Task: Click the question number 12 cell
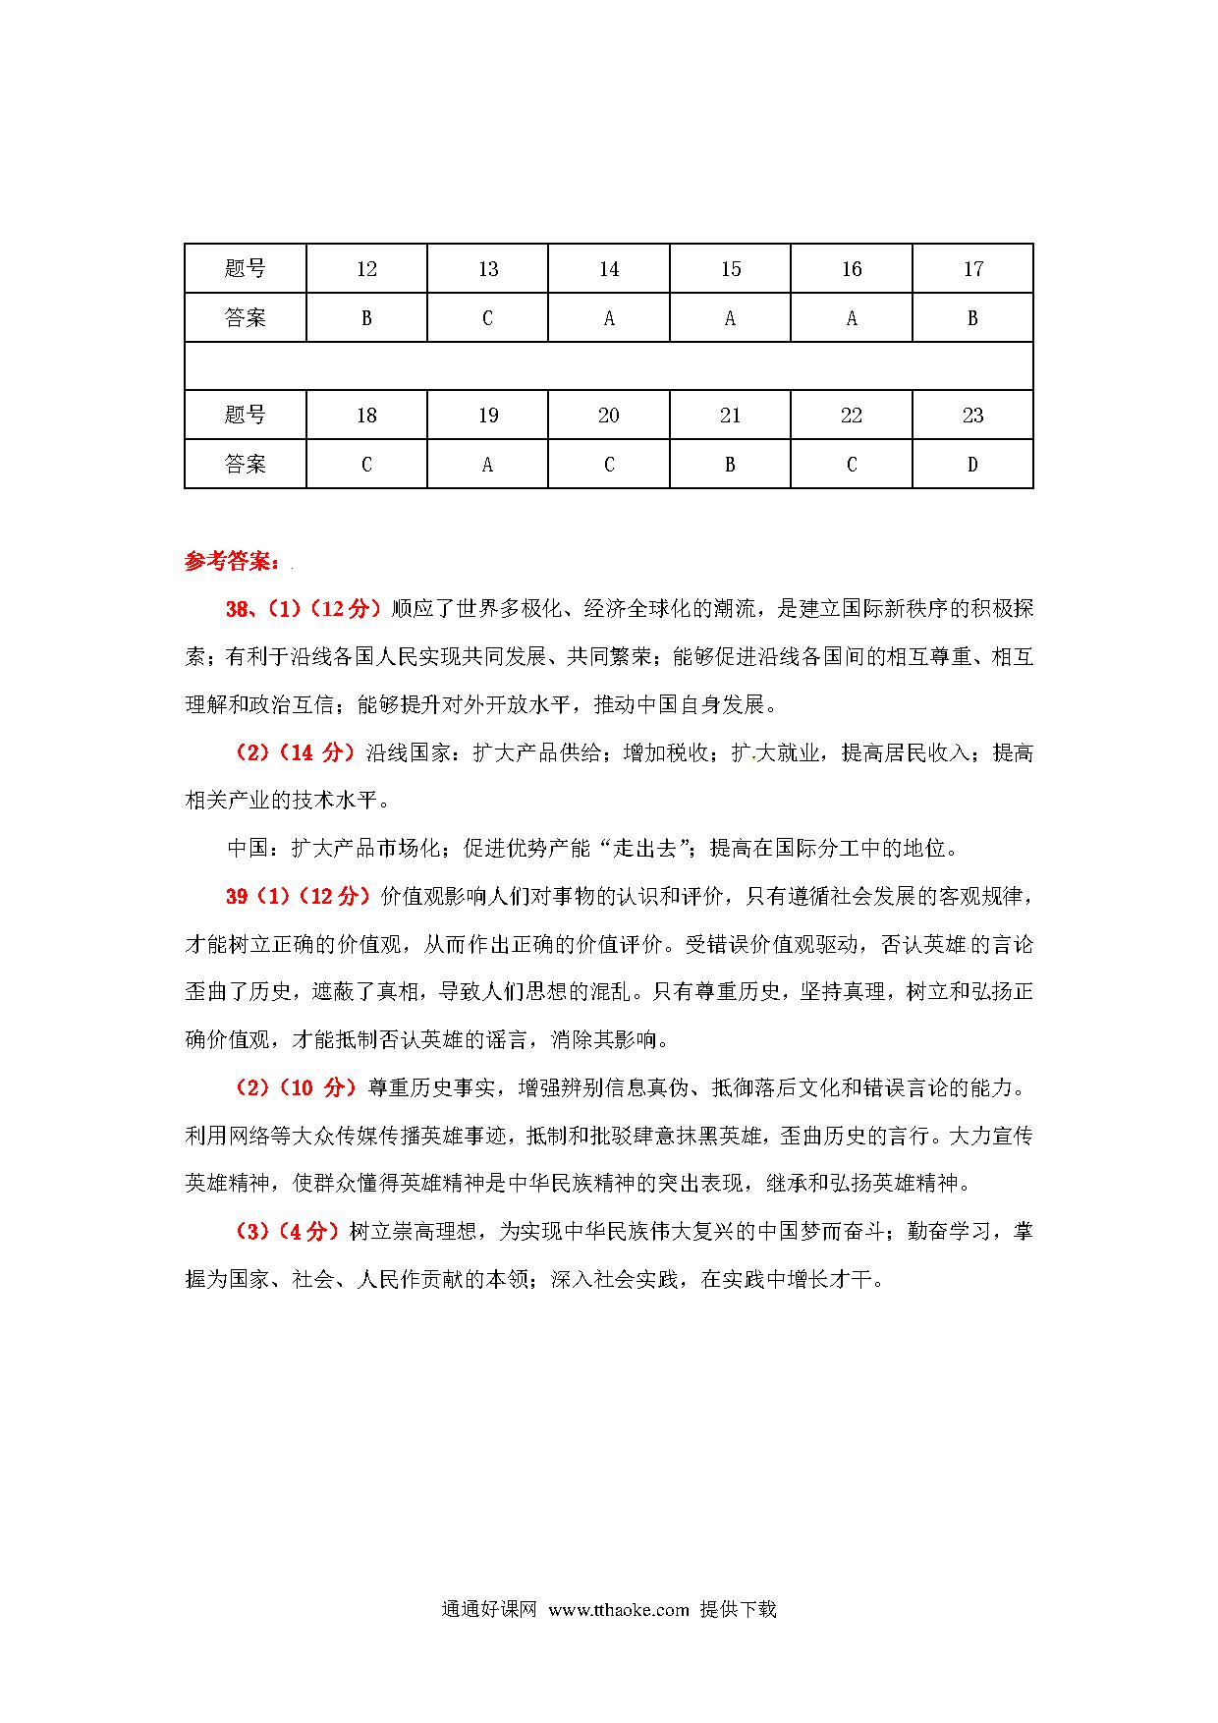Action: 366,269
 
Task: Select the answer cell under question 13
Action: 487,318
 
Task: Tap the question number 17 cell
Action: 972,269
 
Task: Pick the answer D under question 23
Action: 972,465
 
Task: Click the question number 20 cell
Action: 609,416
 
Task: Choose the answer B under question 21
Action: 730,465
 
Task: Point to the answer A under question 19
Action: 487,465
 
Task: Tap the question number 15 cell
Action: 730,269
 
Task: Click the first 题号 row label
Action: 246,269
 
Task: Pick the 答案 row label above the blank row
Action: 246,318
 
